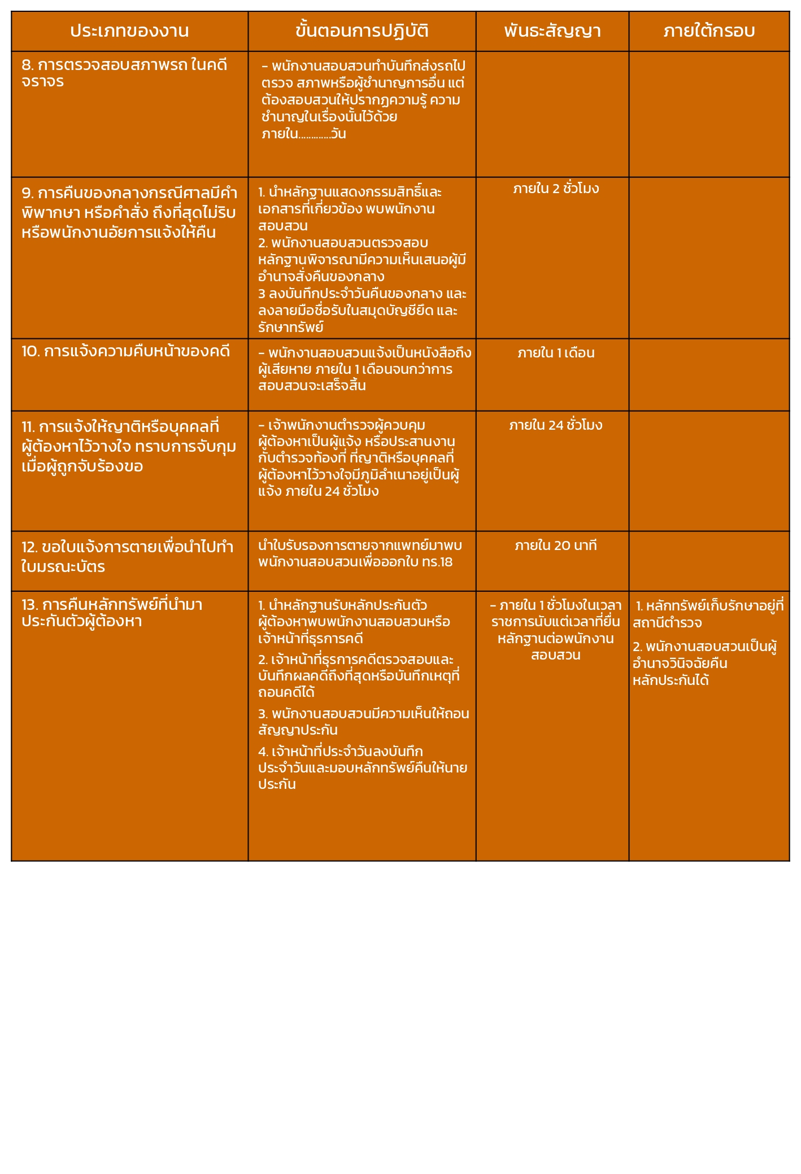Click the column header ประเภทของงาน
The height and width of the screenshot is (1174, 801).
point(129,31)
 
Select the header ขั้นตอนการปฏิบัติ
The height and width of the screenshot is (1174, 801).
point(362,31)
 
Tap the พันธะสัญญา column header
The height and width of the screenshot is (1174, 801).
point(552,31)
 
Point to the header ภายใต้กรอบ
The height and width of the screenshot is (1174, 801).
point(709,31)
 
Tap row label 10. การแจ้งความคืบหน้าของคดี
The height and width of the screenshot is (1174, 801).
point(126,351)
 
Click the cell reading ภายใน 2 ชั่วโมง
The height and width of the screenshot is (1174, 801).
point(556,189)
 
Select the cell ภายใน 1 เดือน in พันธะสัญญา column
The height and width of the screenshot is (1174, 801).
point(556,353)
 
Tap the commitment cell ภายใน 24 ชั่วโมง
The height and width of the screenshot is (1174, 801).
point(556,425)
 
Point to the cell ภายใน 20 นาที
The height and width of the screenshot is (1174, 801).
point(556,545)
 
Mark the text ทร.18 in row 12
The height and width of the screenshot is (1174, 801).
point(437,562)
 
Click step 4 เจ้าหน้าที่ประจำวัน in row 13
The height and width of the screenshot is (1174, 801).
point(362,767)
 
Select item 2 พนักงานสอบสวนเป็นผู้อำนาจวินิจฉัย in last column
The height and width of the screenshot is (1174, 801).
point(704,663)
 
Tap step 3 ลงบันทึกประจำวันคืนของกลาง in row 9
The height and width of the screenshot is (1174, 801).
point(362,310)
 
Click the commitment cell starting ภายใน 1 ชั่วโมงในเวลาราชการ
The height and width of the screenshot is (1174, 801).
point(556,630)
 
